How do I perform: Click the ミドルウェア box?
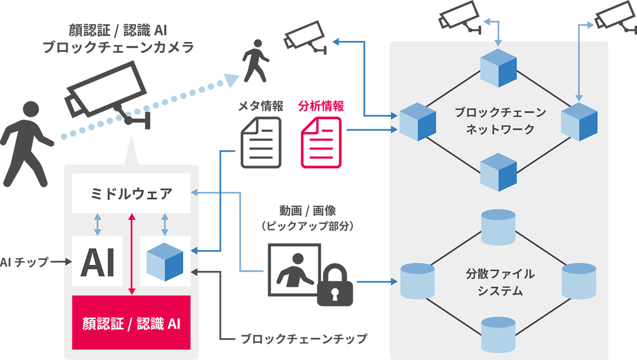pos(131,194)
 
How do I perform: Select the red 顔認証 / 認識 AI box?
pos(131,323)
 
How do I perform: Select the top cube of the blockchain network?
pos(499,68)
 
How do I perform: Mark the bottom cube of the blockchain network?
pos(499,173)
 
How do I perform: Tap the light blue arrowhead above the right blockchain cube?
pos(580,97)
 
